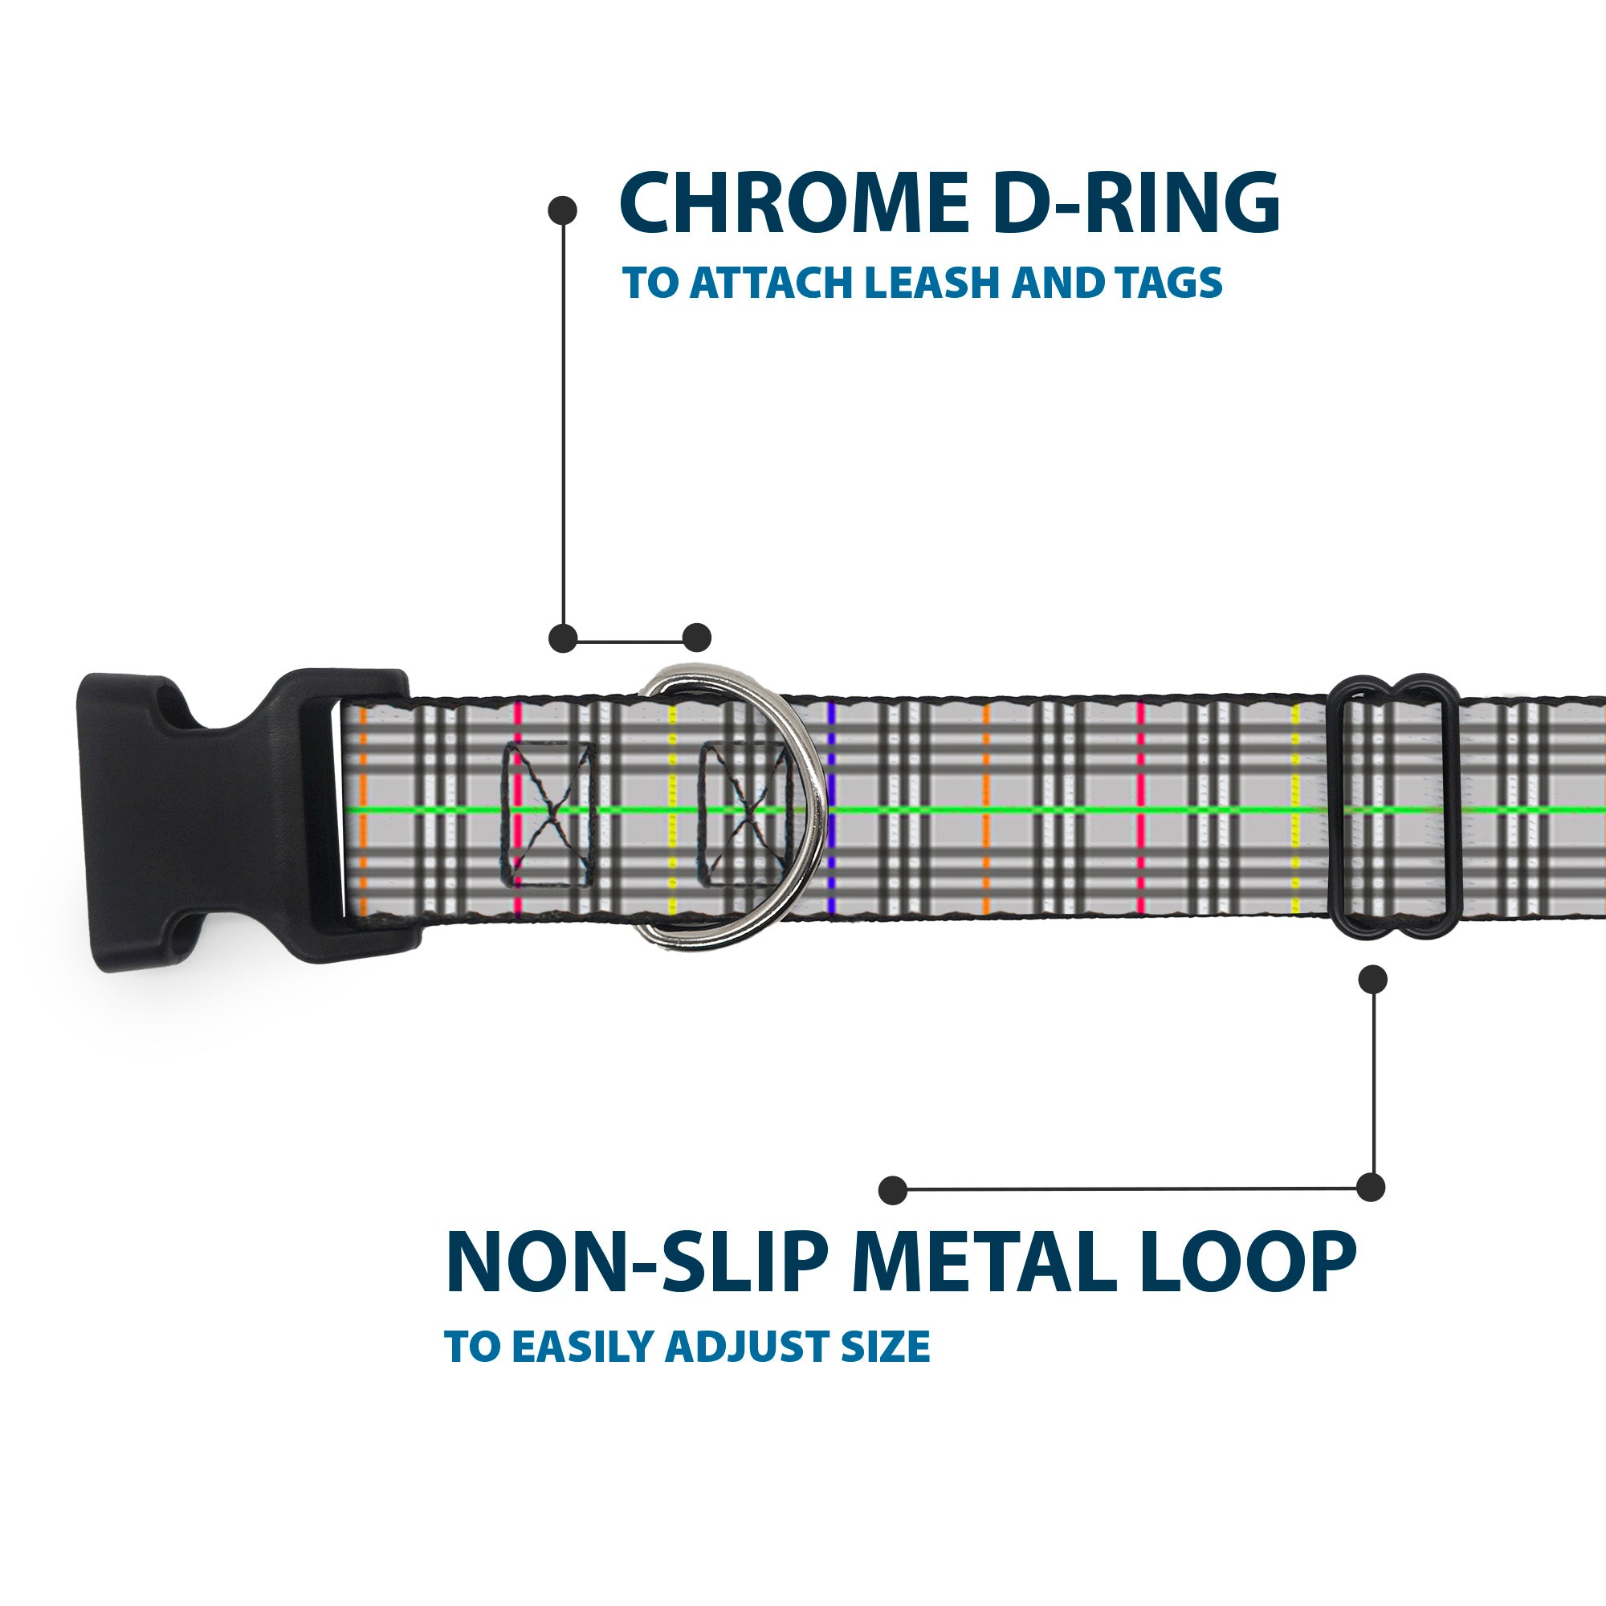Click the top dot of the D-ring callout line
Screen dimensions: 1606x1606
563,210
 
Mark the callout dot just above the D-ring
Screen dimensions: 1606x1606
696,638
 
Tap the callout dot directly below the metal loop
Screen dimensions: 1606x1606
1372,979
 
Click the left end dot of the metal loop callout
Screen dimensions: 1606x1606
893,1189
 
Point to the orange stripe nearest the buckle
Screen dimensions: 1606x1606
363,810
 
